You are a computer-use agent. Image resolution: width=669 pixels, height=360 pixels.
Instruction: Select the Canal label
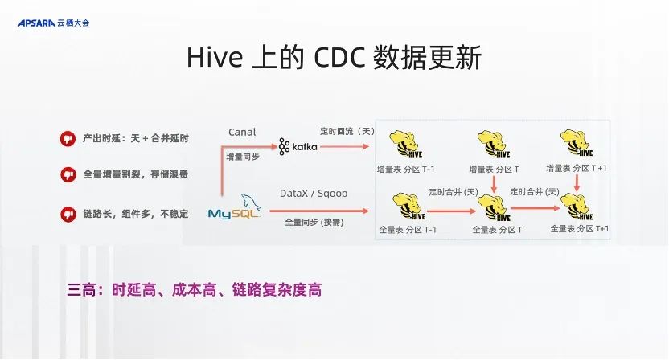pyautogui.click(x=242, y=132)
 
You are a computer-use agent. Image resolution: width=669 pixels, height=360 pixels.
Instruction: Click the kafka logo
pyautogui.click(x=298, y=146)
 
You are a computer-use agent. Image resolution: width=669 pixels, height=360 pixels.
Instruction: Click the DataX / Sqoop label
pyautogui.click(x=310, y=194)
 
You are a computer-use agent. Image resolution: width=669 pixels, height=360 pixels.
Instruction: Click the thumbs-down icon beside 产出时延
pyautogui.click(x=68, y=138)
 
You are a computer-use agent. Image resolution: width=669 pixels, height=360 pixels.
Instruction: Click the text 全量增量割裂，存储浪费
pyautogui.click(x=135, y=174)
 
